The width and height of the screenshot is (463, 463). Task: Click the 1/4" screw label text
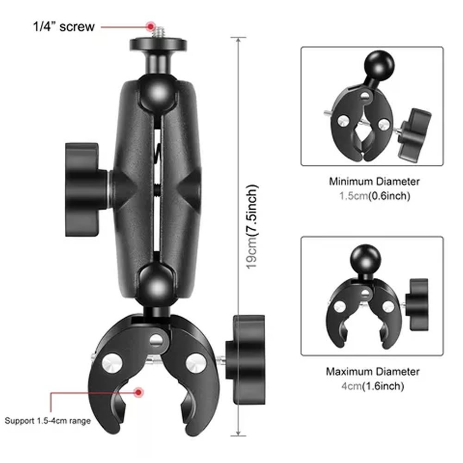click(64, 26)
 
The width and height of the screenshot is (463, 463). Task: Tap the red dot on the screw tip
click(150, 26)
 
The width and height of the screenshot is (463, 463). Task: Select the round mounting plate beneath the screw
click(158, 44)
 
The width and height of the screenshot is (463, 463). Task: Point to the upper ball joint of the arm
click(158, 92)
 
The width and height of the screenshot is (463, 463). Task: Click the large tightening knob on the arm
click(86, 189)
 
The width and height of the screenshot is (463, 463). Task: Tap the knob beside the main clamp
click(246, 360)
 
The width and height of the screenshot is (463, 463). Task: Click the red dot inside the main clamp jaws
click(138, 393)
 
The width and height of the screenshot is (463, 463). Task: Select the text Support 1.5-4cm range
click(48, 421)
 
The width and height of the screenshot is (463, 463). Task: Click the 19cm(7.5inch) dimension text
click(252, 227)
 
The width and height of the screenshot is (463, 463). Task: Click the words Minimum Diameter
click(374, 181)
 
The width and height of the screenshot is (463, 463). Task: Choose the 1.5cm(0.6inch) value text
click(375, 196)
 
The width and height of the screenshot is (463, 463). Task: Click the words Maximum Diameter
click(373, 371)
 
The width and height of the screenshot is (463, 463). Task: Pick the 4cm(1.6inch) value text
click(373, 386)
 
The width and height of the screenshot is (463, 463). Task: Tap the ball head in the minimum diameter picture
click(379, 65)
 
